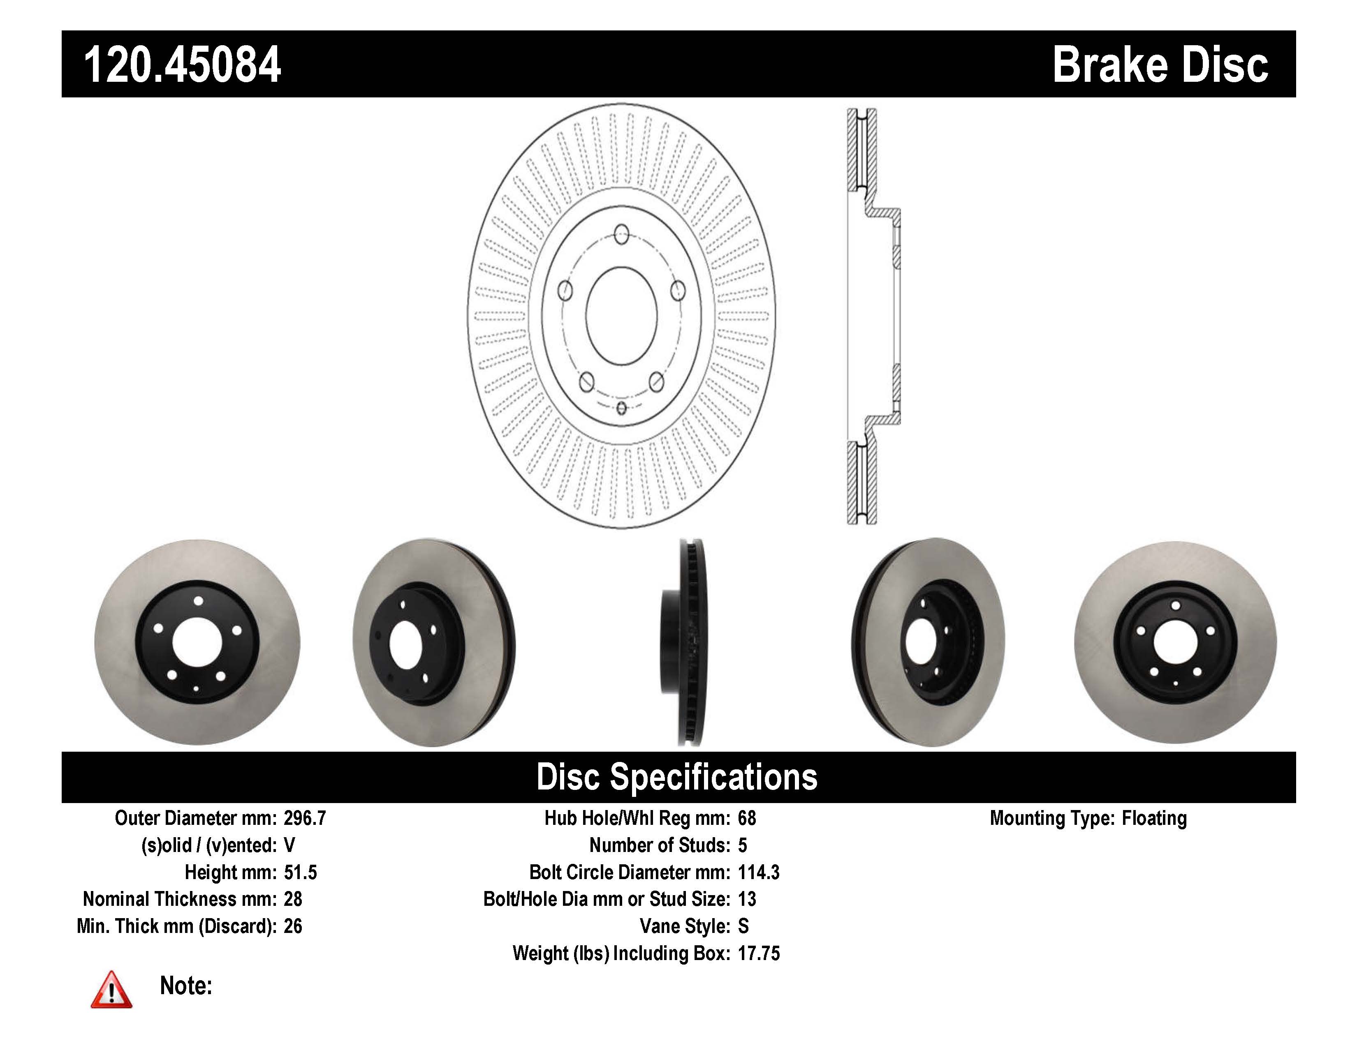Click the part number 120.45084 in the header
[182, 65]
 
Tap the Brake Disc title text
[1160, 65]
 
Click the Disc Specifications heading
[676, 777]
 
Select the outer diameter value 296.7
[304, 818]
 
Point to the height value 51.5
[300, 872]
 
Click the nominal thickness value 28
[293, 899]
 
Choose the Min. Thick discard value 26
[293, 926]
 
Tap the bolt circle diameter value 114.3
[758, 872]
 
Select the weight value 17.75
[758, 953]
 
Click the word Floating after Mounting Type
[1154, 818]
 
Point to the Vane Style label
[684, 926]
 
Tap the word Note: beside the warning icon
[186, 986]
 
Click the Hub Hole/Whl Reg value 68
[746, 818]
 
